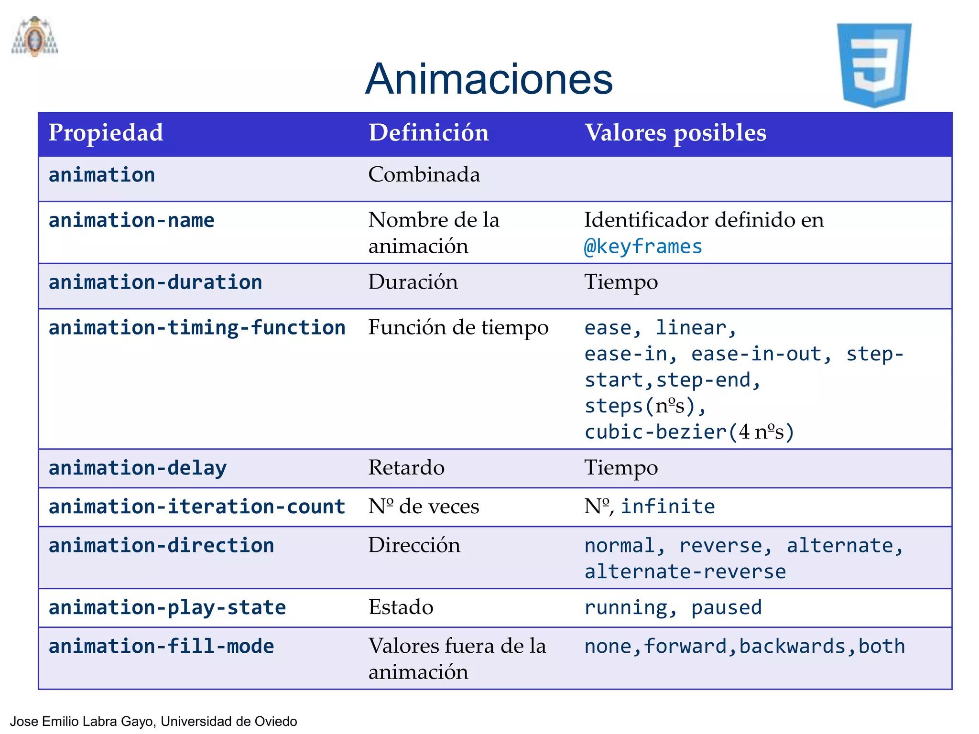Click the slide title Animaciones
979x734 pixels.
click(489, 79)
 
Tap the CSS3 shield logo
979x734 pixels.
click(874, 65)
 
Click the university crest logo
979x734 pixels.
click(35, 37)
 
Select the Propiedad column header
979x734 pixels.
click(106, 133)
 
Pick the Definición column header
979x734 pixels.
click(428, 133)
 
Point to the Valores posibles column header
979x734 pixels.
click(675, 133)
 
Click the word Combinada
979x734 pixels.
click(424, 174)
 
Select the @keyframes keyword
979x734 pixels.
click(643, 247)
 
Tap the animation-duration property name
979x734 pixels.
click(155, 282)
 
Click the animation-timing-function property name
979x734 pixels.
click(197, 328)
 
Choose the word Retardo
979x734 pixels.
click(406, 467)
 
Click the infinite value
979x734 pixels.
click(668, 507)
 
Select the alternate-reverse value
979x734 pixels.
click(685, 572)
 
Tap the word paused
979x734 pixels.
click(727, 608)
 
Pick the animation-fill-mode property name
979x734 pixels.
click(161, 646)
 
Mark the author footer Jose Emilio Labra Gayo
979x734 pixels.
click(153, 721)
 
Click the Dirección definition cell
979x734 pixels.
click(414, 545)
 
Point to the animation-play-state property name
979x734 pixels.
click(167, 608)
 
